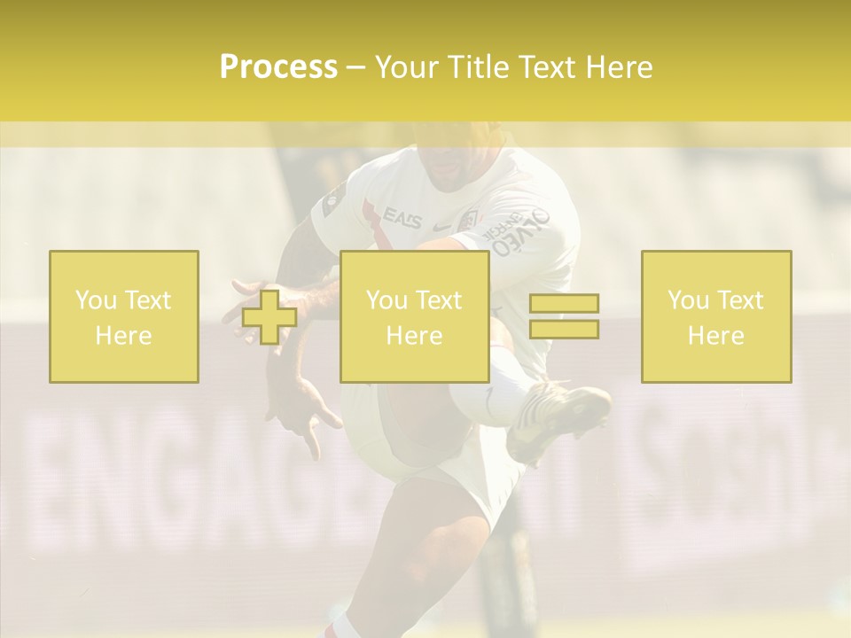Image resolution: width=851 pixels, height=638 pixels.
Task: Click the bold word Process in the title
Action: pyautogui.click(x=278, y=67)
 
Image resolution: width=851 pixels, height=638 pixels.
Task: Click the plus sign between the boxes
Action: pyautogui.click(x=269, y=317)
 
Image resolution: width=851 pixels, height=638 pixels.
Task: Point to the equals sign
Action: pyautogui.click(x=564, y=316)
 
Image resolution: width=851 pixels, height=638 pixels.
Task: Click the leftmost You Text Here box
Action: pyautogui.click(x=124, y=316)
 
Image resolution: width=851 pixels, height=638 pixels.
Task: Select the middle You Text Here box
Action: pyautogui.click(x=415, y=316)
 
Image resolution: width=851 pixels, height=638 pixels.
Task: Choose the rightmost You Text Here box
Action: pyautogui.click(x=716, y=316)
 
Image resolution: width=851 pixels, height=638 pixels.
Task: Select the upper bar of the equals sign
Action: pyautogui.click(x=564, y=304)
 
